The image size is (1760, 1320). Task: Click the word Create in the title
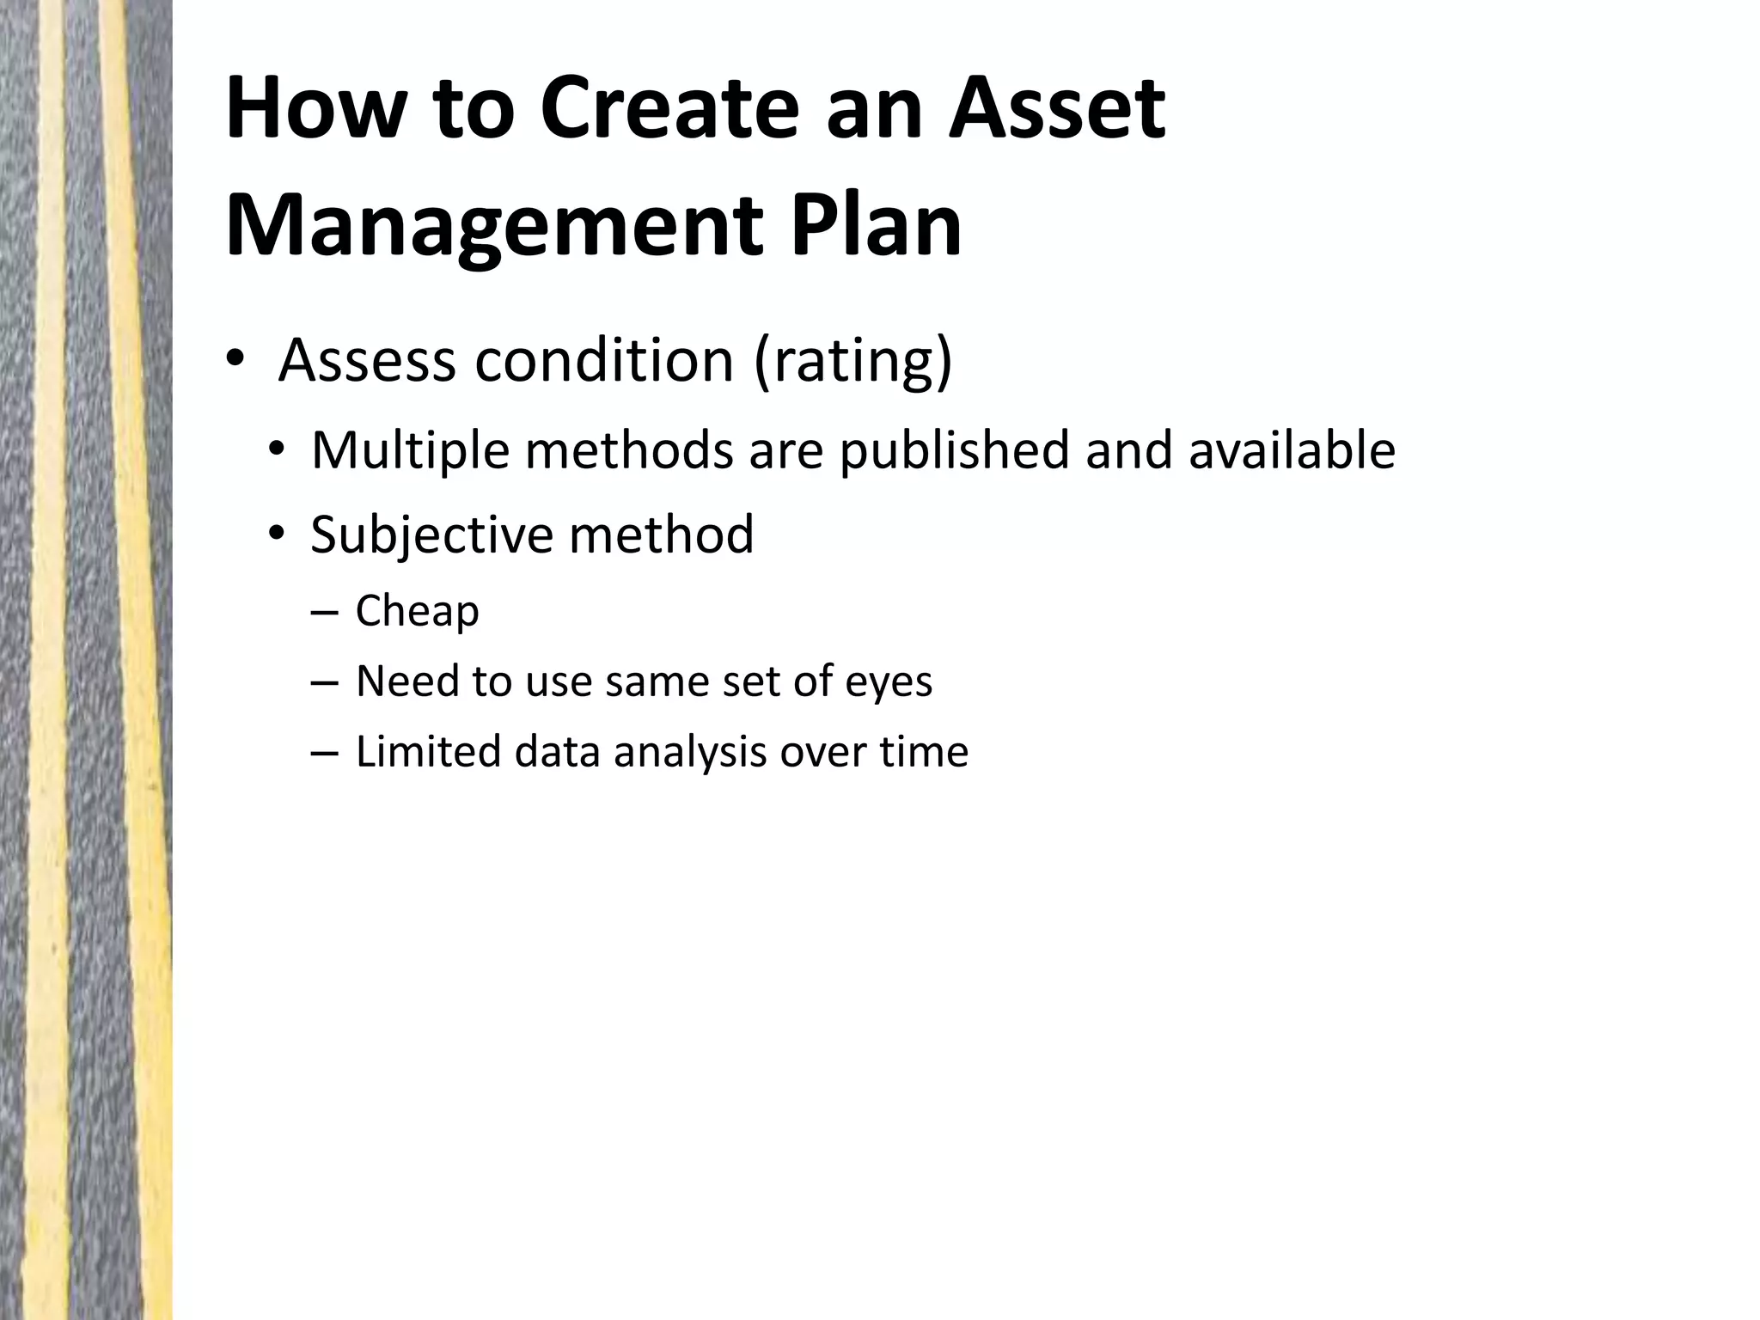670,109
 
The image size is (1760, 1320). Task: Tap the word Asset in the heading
1056,109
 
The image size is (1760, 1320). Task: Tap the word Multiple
410,449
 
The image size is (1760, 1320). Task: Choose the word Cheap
418,611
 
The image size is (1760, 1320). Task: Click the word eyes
889,681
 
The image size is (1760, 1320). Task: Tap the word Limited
428,751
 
